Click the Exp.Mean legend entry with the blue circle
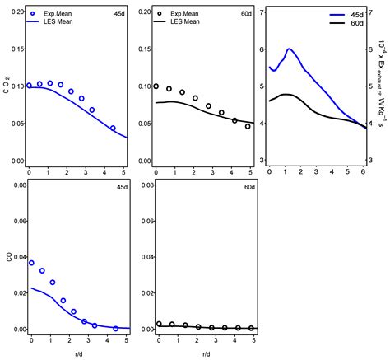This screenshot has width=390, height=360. pos(57,14)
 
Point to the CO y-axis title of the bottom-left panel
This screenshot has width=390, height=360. pos(7,256)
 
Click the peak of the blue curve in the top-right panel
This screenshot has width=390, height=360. pos(290,49)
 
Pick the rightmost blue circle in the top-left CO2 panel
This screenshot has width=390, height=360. pos(113,128)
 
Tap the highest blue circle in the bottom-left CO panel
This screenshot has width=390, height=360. pos(31,262)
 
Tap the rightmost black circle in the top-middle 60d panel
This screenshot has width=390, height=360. pos(248,126)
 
